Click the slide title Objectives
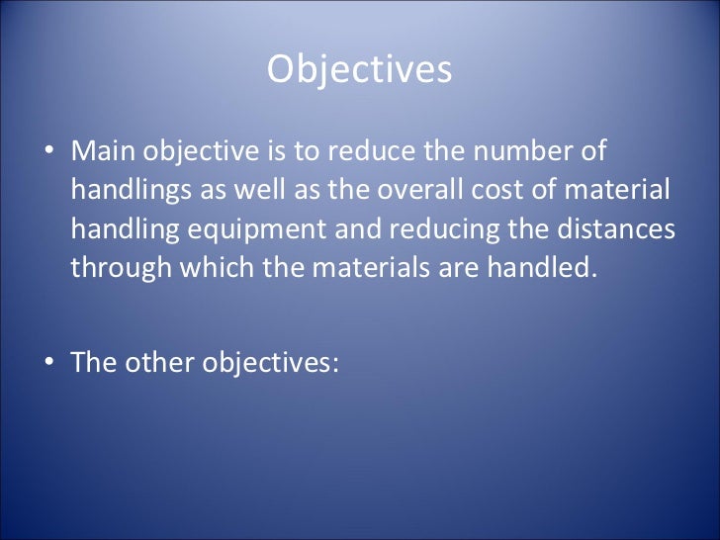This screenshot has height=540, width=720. pyautogui.click(x=359, y=69)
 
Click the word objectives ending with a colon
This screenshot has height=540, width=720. pyautogui.click(x=271, y=363)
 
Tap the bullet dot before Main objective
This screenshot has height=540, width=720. pyautogui.click(x=48, y=153)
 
